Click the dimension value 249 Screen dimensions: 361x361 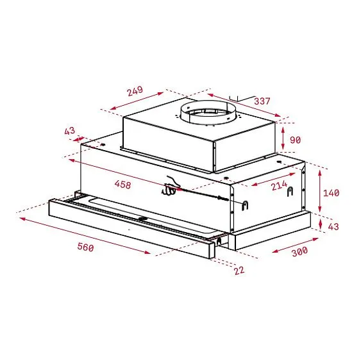click(134, 91)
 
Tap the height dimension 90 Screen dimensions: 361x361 click(295, 139)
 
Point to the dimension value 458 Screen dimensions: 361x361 click(122, 185)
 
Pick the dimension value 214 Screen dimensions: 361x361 click(278, 187)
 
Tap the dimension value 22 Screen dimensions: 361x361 click(239, 271)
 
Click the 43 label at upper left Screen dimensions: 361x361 click(70, 131)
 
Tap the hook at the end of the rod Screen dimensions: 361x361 click(244, 204)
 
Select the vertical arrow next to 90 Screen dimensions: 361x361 click(283, 138)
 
